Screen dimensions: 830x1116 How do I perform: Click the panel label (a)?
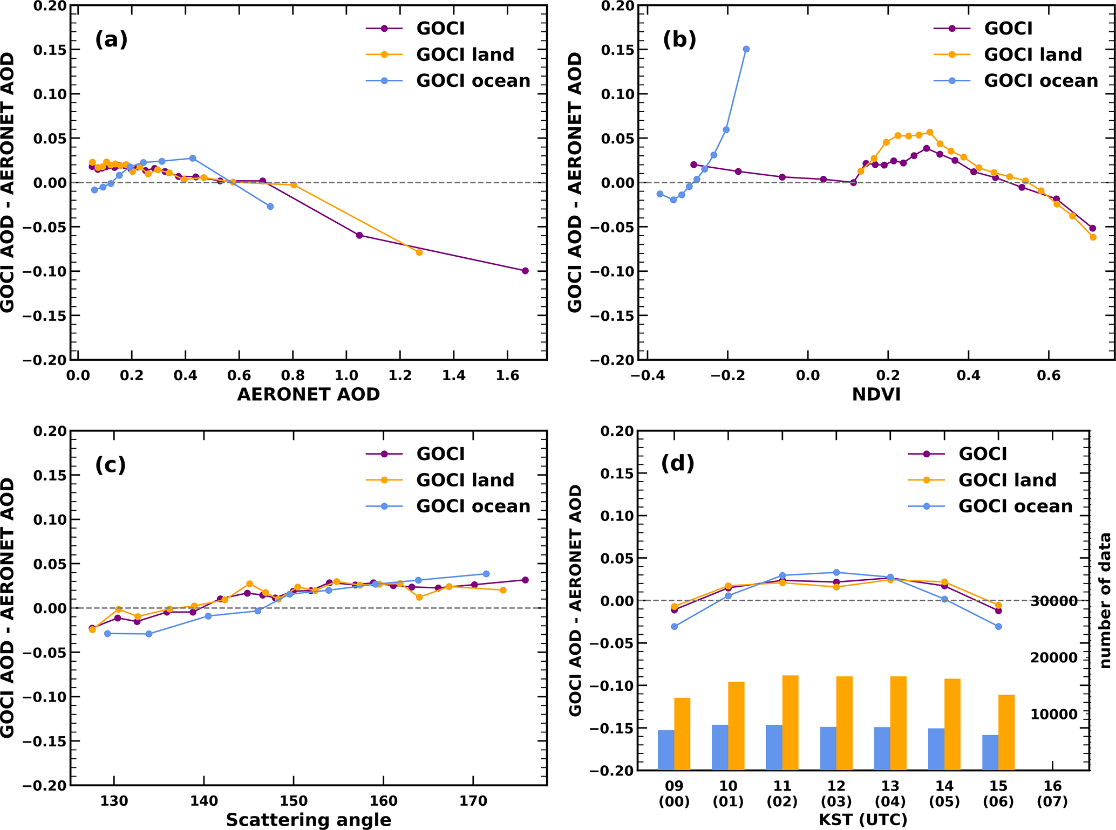111,39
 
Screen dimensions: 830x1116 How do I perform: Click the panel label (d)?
678,463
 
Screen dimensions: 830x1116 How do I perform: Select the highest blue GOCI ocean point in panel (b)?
746,49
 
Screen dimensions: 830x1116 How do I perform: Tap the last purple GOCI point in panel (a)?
525,271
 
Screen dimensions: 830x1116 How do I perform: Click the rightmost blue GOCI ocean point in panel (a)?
270,207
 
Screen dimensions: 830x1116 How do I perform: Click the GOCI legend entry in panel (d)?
982,454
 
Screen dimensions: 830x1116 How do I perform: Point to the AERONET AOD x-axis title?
308,394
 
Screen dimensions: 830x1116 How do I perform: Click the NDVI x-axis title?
876,394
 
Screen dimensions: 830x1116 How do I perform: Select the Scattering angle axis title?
308,820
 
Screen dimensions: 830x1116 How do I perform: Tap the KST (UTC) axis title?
863,820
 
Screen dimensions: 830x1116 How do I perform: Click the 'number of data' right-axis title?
1105,600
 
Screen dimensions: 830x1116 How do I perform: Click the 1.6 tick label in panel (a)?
507,375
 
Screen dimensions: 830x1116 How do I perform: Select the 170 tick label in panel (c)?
473,801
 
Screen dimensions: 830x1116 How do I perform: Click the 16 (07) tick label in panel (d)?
1052,794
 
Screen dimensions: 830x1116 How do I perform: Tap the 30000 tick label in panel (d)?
1053,601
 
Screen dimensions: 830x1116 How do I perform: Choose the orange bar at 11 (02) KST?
790,723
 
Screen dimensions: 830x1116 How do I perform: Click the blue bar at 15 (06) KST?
990,752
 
